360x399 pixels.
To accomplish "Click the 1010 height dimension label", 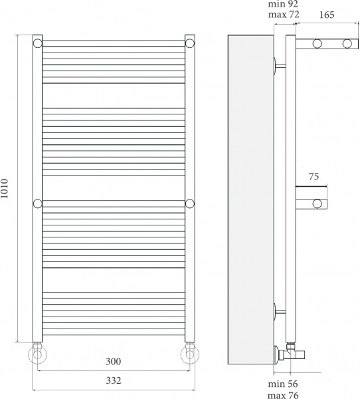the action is pos(5,189).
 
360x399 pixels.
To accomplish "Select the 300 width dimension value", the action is pos(114,361).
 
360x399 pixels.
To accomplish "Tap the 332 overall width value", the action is pos(114,380).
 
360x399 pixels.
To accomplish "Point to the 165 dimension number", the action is pos(327,15).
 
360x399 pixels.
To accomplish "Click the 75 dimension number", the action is pos(314,177).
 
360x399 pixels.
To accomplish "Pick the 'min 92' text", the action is pos(283,4).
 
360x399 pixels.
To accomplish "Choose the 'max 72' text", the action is pos(284,14).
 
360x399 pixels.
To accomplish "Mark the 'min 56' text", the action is pos(283,384).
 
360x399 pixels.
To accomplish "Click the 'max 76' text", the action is pos(283,395).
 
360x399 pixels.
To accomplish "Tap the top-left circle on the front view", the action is pos(38,43).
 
